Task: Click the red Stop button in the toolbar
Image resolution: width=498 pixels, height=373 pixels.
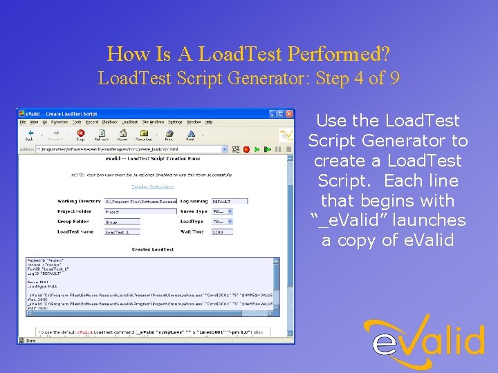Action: pyautogui.click(x=81, y=133)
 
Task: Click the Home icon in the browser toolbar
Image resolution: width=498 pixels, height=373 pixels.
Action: pyautogui.click(x=123, y=133)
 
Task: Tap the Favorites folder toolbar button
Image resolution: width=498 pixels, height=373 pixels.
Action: pyautogui.click(x=145, y=133)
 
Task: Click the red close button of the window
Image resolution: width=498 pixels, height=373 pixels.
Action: pyautogui.click(x=289, y=113)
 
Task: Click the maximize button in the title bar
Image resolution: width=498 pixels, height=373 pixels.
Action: pyautogui.click(x=281, y=113)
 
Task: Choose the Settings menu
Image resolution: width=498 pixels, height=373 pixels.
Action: pyautogui.click(x=175, y=122)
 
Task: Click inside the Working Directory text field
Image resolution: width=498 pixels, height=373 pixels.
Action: pyautogui.click(x=140, y=202)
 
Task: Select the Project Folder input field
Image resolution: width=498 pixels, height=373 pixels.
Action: pyautogui.click(x=140, y=211)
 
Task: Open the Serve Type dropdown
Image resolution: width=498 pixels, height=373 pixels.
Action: pyautogui.click(x=222, y=211)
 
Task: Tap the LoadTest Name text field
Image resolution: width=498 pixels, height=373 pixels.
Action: pyautogui.click(x=122, y=232)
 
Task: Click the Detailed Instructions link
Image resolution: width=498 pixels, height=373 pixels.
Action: pyautogui.click(x=152, y=186)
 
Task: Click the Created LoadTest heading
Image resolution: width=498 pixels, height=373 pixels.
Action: pyautogui.click(x=152, y=249)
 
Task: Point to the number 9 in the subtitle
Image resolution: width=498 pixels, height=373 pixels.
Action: pyautogui.click(x=394, y=78)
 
